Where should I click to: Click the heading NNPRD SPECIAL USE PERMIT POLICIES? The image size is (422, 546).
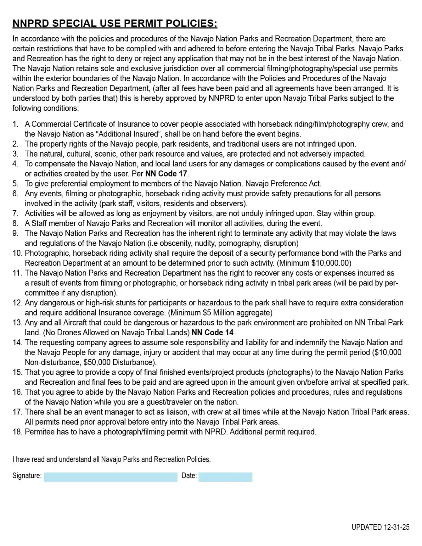(115, 24)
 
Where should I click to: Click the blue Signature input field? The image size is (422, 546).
(110, 477)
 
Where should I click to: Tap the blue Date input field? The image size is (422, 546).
(225, 477)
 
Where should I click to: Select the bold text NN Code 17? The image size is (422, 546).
(166, 174)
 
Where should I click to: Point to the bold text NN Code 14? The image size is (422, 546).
(212, 332)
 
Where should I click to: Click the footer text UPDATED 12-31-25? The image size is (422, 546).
(380, 527)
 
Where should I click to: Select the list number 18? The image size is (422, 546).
(17, 432)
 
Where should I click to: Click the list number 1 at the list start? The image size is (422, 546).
(15, 124)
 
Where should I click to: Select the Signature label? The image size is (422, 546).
(27, 476)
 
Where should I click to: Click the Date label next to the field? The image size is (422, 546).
(189, 476)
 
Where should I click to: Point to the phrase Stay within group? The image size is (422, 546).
(346, 214)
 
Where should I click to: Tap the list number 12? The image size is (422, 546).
(17, 303)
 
